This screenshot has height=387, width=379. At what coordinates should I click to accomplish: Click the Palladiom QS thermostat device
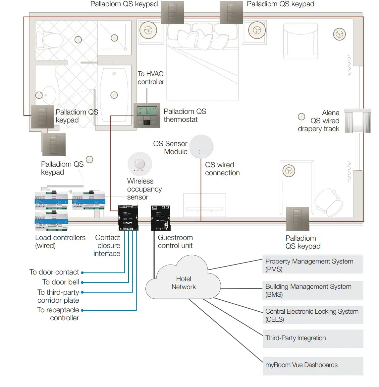click(147, 116)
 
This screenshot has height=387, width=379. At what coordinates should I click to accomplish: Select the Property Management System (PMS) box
click(312, 265)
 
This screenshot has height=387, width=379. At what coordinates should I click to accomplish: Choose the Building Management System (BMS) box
click(312, 290)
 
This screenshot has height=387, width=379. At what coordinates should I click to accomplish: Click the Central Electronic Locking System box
click(312, 315)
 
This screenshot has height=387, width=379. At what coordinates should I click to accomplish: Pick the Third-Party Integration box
click(312, 339)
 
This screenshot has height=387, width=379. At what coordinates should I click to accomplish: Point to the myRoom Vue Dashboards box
click(312, 365)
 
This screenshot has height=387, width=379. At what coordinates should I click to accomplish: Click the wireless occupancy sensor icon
click(140, 164)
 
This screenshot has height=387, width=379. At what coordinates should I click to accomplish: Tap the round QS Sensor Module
click(201, 146)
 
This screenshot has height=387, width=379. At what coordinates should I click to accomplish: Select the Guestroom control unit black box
click(161, 218)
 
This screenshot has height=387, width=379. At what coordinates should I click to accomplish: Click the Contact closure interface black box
click(128, 218)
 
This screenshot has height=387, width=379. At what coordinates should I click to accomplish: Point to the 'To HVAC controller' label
click(151, 78)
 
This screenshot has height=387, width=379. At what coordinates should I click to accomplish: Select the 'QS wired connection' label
click(222, 169)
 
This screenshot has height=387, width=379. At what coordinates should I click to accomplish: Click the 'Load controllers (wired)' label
click(60, 242)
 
